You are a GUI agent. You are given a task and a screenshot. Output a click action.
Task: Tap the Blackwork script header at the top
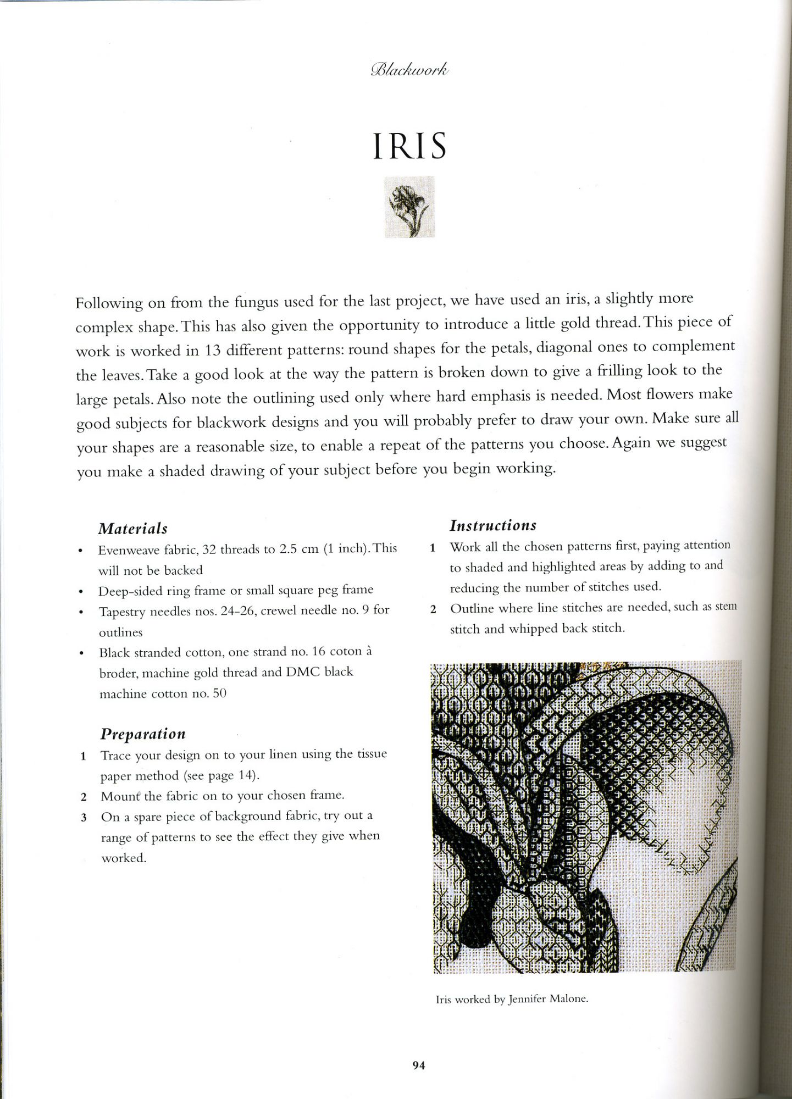[410, 70]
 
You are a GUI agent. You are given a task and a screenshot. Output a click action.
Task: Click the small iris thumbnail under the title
[409, 207]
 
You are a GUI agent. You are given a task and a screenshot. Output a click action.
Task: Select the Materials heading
[132, 529]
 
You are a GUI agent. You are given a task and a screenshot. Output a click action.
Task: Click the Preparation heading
[143, 734]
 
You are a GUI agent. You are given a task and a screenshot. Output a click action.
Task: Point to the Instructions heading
[493, 525]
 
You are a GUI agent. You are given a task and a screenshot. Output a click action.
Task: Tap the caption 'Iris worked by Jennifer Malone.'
[512, 998]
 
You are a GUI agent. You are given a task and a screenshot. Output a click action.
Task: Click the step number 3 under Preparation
[84, 818]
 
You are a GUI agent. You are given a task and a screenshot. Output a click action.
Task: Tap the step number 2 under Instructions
[433, 609]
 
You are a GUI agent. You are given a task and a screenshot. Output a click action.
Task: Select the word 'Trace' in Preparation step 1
[115, 756]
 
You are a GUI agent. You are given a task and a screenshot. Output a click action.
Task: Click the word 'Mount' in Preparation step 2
[117, 796]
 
